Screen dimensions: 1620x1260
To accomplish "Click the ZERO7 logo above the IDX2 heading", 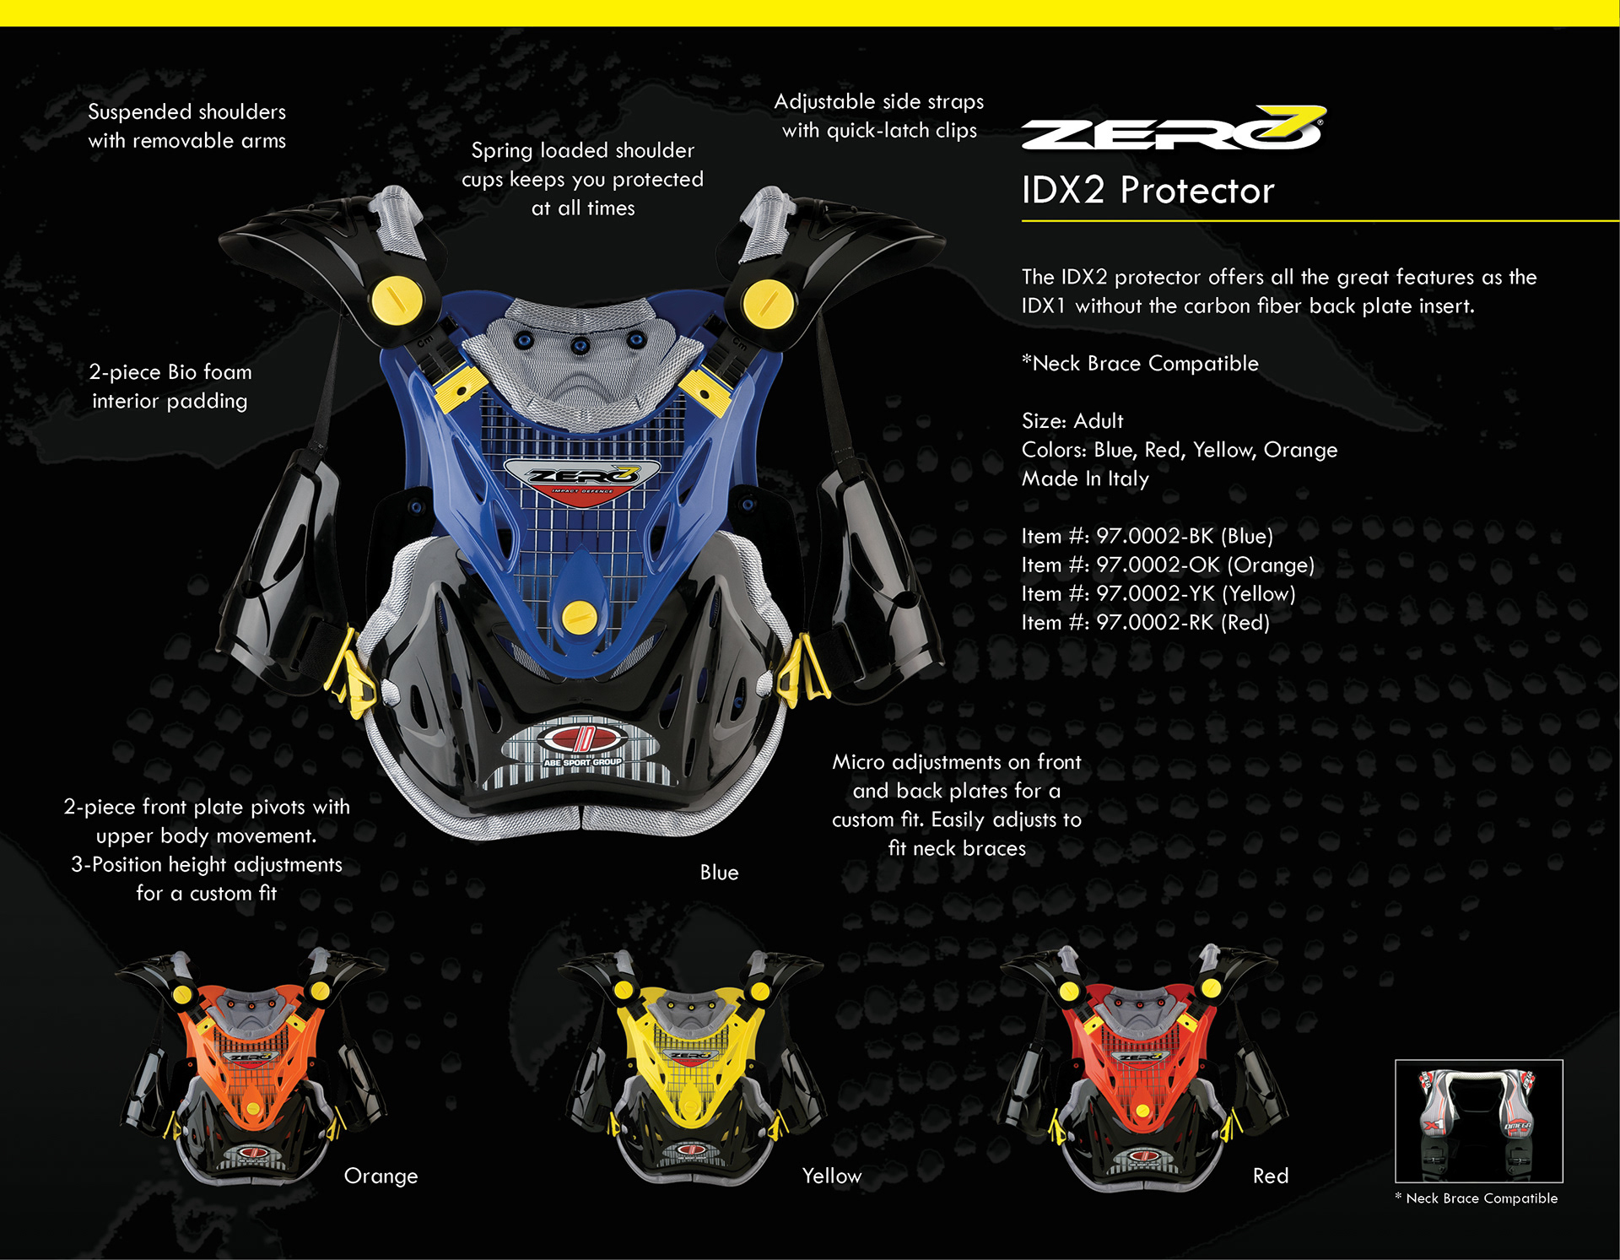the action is pyautogui.click(x=1173, y=129).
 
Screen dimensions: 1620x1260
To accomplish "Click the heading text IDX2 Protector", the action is pyautogui.click(x=1147, y=191).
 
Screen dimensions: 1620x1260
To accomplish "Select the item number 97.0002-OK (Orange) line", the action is pyautogui.click(x=1168, y=565).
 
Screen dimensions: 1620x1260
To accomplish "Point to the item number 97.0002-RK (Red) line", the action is pyautogui.click(x=1145, y=623).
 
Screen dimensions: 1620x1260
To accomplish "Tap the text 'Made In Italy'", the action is pyautogui.click(x=1085, y=479).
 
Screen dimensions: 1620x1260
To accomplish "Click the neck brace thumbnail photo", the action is pyautogui.click(x=1478, y=1121).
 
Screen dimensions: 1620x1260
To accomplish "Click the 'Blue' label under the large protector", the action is pyautogui.click(x=719, y=873).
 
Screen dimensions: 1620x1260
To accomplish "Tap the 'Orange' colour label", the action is pyautogui.click(x=381, y=1176).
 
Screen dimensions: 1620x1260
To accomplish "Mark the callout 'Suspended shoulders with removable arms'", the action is pyautogui.click(x=186, y=127).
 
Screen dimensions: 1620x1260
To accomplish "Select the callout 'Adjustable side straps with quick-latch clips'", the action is pyautogui.click(x=879, y=116).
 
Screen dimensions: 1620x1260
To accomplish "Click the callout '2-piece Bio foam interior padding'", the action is pyautogui.click(x=170, y=387).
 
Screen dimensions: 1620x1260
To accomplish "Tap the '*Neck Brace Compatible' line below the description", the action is pyautogui.click(x=1140, y=364).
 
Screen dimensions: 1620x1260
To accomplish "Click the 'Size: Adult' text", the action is pyautogui.click(x=1072, y=421).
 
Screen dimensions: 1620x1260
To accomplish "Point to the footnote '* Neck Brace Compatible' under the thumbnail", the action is pyautogui.click(x=1477, y=1198).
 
